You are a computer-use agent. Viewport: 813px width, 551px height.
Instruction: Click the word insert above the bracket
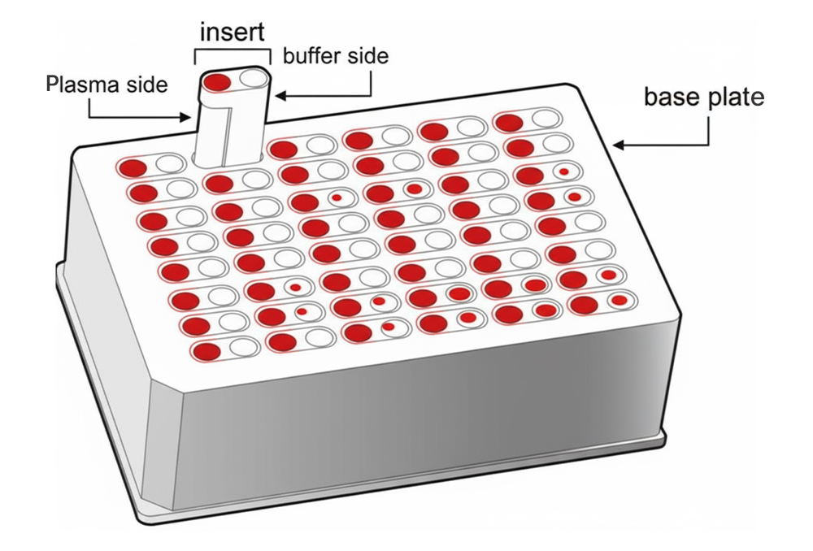[232, 32]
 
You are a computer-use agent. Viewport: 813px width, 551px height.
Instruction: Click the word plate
[735, 97]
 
